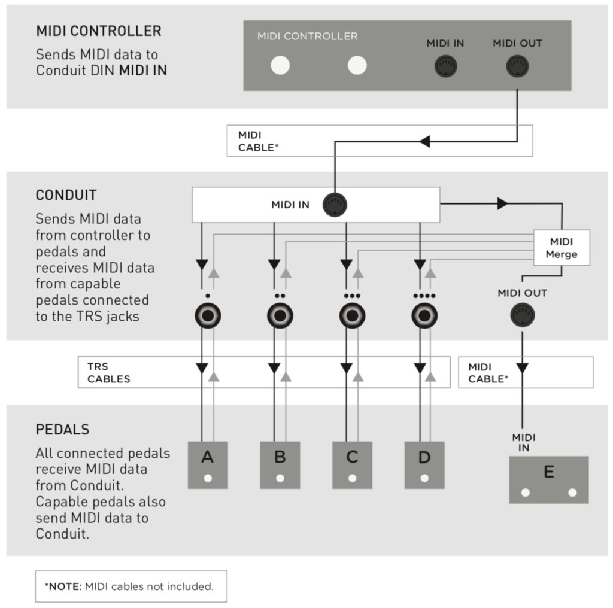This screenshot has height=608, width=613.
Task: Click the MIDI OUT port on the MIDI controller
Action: click(x=517, y=66)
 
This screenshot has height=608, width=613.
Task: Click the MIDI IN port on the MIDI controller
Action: click(x=445, y=66)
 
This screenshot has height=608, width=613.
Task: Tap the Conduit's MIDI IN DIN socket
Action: click(x=335, y=205)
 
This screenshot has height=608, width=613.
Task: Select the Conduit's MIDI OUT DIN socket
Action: click(x=522, y=315)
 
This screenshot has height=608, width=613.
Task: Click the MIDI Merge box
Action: click(x=562, y=248)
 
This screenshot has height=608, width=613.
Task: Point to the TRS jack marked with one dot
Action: click(x=208, y=315)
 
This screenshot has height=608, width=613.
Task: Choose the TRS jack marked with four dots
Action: click(x=424, y=315)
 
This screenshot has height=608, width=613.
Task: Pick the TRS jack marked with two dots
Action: click(x=280, y=315)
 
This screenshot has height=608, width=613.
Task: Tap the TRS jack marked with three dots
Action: click(x=352, y=315)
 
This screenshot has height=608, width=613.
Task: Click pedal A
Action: click(x=208, y=465)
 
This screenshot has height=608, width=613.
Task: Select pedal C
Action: click(x=352, y=465)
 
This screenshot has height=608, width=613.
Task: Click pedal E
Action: click(x=549, y=480)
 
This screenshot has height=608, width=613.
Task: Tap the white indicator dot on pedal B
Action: click(x=280, y=478)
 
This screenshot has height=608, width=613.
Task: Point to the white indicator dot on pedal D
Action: click(x=424, y=478)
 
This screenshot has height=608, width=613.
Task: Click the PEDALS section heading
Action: click(x=62, y=430)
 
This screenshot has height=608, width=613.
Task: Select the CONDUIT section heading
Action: click(x=66, y=195)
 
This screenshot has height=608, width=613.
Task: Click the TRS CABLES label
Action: click(x=109, y=373)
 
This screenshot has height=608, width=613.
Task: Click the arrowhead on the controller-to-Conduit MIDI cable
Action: click(x=424, y=141)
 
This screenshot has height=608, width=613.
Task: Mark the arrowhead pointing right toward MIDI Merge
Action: click(x=502, y=203)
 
